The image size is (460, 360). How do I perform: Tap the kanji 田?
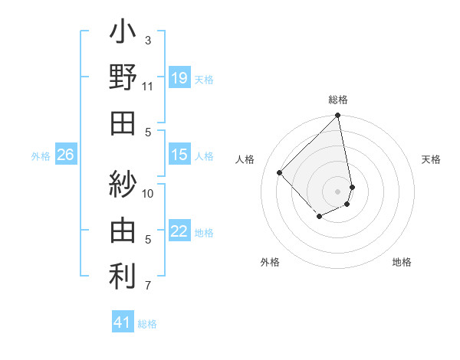point(123,123)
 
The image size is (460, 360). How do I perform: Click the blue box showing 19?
point(179,77)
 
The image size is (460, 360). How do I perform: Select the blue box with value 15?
point(179,155)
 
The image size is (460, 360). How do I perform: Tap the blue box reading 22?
point(179,231)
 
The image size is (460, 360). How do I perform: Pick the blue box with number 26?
point(65,155)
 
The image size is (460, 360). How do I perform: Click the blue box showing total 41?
point(123,322)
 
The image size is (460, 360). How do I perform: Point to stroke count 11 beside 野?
point(148,86)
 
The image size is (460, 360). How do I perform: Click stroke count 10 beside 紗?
point(148,193)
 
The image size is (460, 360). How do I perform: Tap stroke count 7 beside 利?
point(148,286)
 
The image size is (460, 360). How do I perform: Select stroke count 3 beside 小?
point(148,40)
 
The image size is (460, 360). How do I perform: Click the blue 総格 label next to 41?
point(147,324)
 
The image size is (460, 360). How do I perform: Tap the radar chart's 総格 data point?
point(338,116)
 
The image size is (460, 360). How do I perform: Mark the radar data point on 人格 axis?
point(280,172)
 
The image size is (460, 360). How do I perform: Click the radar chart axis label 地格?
point(402,262)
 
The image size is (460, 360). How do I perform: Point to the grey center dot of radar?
point(338,191)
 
